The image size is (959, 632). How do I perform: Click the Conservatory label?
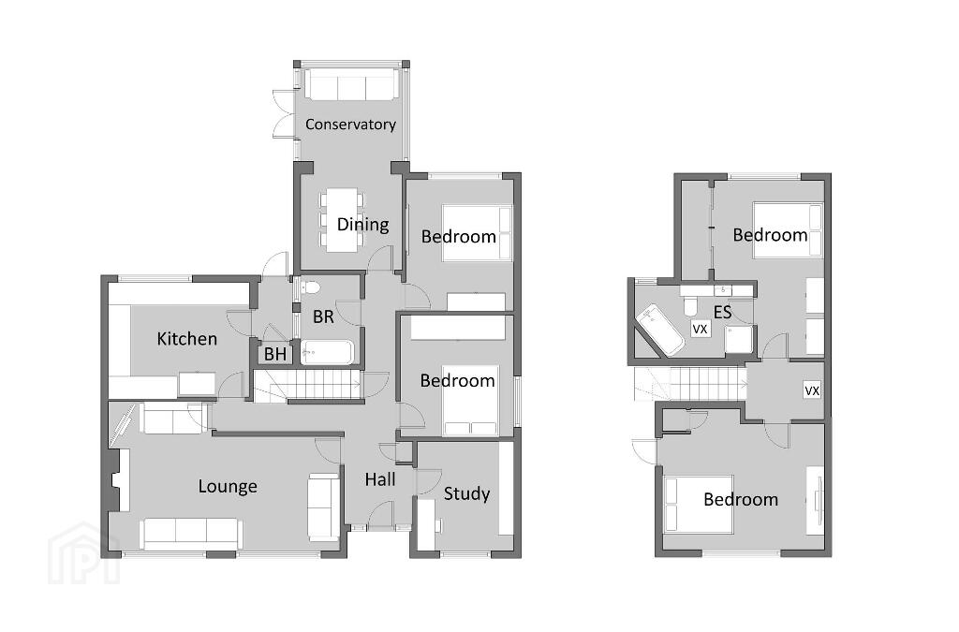click(x=350, y=125)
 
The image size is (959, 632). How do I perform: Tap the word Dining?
click(x=362, y=225)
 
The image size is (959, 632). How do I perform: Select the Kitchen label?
click(x=186, y=339)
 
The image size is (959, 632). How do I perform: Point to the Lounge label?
click(x=228, y=487)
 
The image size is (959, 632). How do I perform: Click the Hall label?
click(x=380, y=479)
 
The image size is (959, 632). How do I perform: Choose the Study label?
click(x=466, y=493)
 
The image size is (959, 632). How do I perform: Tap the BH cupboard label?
click(x=275, y=354)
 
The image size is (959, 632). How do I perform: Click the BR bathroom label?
click(x=323, y=316)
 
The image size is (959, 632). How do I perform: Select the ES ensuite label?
click(x=722, y=313)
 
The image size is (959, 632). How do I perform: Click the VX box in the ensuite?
click(x=700, y=329)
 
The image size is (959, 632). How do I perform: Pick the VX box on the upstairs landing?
click(x=812, y=390)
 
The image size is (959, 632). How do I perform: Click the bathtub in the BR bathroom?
click(x=327, y=352)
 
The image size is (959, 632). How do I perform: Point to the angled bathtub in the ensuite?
click(x=660, y=330)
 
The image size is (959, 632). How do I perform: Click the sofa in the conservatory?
click(x=352, y=85)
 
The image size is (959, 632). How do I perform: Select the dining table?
click(x=342, y=220)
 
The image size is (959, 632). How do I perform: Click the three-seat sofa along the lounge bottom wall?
click(x=191, y=534)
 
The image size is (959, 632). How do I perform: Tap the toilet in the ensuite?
click(x=691, y=305)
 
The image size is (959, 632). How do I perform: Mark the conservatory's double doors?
click(x=284, y=114)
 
